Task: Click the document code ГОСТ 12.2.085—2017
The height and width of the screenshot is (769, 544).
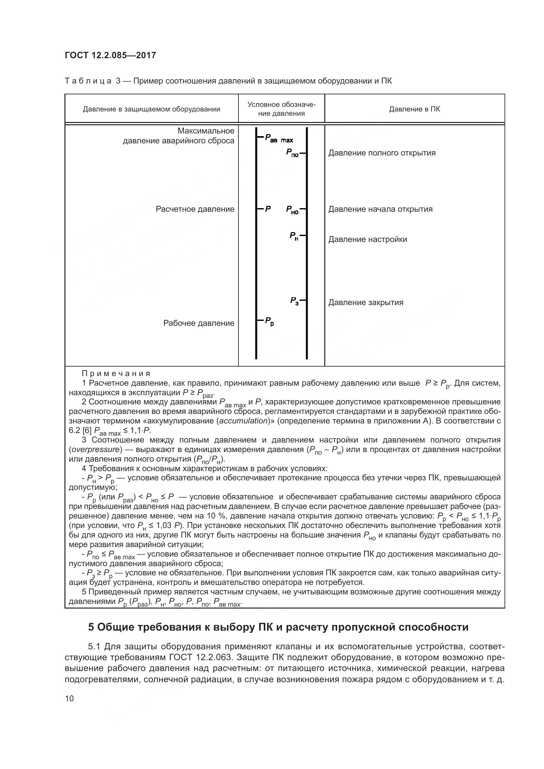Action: pos(110,55)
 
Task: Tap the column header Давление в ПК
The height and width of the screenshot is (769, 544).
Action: pos(414,109)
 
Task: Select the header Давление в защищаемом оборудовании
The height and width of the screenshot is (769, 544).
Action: pos(151,109)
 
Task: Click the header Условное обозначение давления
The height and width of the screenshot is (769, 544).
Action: pos(282,109)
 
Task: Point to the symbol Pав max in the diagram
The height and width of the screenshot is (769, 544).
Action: pos(279,138)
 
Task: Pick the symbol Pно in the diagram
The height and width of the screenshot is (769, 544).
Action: pos(292,210)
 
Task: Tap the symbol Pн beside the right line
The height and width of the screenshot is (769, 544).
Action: pos(294,236)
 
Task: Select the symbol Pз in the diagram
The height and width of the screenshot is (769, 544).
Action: pos(294,301)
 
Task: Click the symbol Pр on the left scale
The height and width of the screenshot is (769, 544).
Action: pos(269,321)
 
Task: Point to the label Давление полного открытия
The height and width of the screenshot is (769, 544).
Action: pos(382,153)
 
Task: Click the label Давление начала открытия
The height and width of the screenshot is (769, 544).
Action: pos(380,209)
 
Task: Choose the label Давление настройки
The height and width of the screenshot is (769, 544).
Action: pos(367,239)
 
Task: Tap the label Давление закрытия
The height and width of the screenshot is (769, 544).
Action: pos(365,302)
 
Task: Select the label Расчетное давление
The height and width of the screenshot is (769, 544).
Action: pos(195,209)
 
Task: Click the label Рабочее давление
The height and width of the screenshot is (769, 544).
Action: pos(199,323)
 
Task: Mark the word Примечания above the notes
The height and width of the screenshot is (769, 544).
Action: pos(116,373)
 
